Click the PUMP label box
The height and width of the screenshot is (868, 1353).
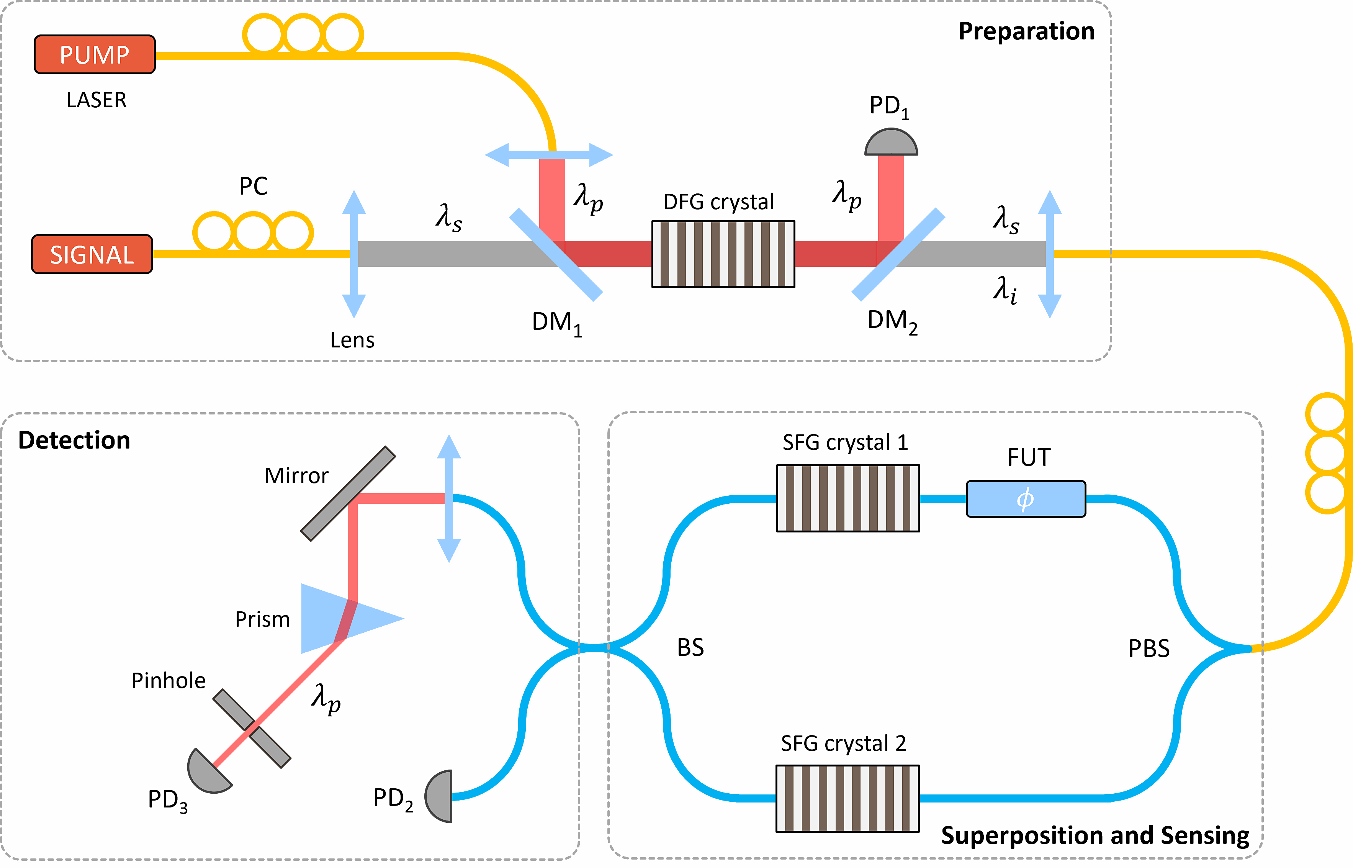coord(95,55)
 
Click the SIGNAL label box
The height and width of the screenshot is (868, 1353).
coord(92,254)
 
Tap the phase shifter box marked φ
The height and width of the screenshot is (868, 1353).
coord(1026,499)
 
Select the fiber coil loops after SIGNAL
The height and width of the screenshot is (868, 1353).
coord(253,231)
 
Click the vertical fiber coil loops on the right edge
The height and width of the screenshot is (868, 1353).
coord(1327,453)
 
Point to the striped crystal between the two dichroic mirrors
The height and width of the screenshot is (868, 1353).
coord(723,254)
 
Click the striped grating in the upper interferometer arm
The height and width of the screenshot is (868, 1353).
coord(848,498)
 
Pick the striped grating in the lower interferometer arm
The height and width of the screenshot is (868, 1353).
coord(847,799)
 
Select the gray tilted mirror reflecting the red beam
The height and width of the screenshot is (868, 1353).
coord(348,494)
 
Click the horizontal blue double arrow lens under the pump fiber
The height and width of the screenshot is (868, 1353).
coord(549,154)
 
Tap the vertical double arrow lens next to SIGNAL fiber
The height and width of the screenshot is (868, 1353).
coord(354,254)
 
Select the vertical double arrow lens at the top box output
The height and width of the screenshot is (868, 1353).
coord(1049,254)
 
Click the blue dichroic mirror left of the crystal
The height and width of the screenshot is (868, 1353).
coord(556,254)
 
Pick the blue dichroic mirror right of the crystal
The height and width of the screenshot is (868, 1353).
coord(898,254)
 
